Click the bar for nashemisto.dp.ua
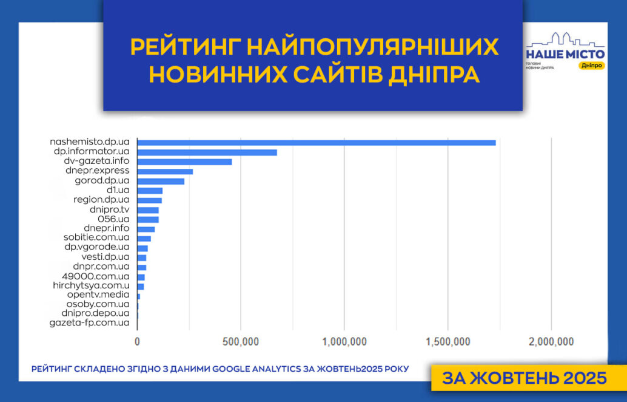pos(316,143)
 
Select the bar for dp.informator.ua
pos(207,152)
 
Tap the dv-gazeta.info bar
pos(184,162)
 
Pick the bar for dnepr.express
pos(165,172)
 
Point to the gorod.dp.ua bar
pos(161,182)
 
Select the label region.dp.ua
pos(101,200)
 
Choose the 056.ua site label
pos(113,219)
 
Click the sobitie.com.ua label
pos(96,238)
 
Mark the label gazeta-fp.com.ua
pos(89,322)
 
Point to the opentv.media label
pos(98,295)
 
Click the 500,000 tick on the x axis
pos(240,342)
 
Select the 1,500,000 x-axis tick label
pos(447,342)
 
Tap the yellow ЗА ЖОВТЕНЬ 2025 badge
pos(525,378)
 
